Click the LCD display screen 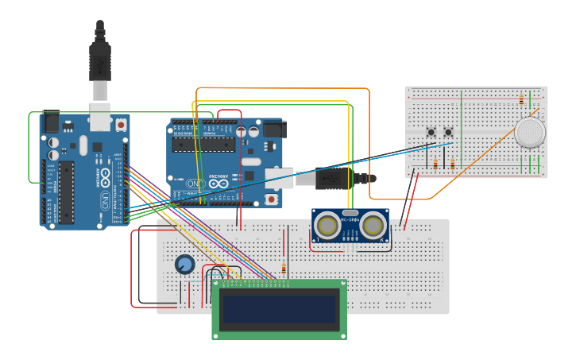[280, 309]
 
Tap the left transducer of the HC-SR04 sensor [327, 226]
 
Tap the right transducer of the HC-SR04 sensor [372, 226]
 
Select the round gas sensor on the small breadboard [530, 132]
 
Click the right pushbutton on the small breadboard [448, 132]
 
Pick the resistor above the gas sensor [521, 100]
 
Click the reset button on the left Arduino [121, 125]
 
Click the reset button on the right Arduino [272, 199]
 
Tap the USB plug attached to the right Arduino [334, 178]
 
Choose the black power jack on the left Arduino [50, 123]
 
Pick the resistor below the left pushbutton [435, 165]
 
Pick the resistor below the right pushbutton [452, 165]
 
